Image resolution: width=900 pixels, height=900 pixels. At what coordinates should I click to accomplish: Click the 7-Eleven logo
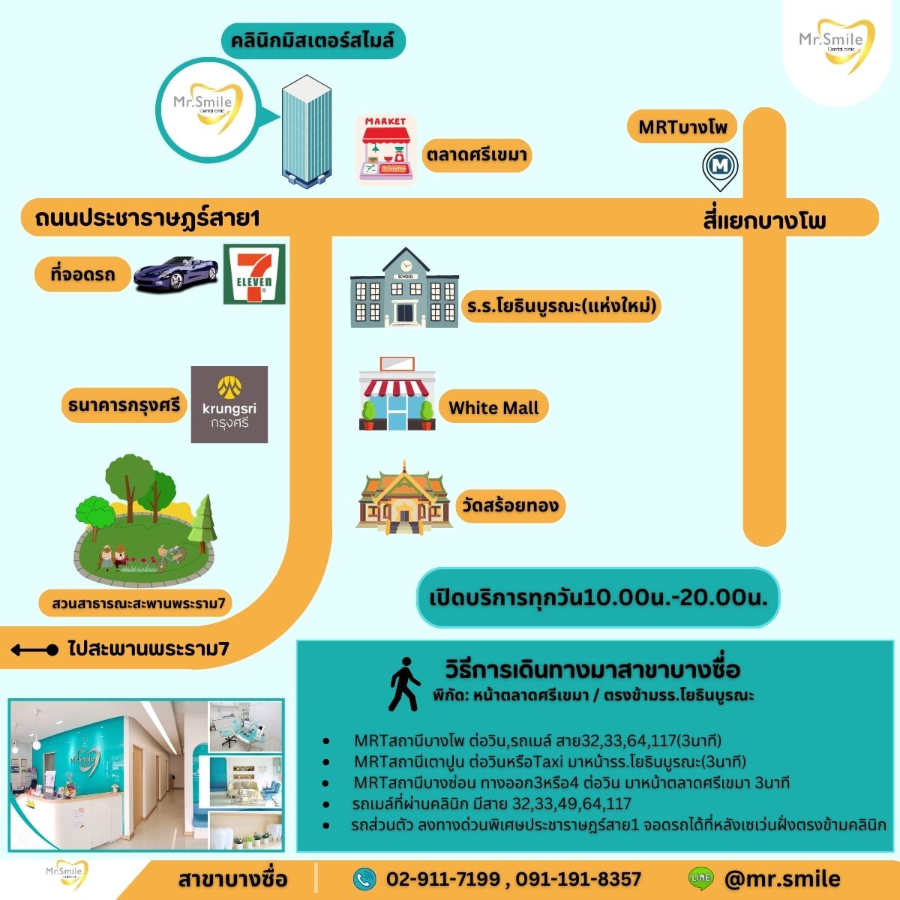pos(254,274)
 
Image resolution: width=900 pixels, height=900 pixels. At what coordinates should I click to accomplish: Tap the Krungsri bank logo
pos(229,404)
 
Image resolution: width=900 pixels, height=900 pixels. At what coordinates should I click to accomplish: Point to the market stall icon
pos(385,149)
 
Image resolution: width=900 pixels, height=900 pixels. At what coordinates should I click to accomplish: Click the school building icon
pos(404,289)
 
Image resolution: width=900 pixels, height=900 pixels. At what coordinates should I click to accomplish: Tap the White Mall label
pos(493,408)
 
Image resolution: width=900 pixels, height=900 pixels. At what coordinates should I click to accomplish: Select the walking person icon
pos(404,684)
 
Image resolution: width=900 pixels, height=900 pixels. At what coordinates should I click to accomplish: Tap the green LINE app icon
pos(700,878)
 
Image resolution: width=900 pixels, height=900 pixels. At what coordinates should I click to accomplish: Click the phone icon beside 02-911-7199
pos(364,878)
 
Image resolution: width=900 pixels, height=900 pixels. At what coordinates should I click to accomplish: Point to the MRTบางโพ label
pos(682,127)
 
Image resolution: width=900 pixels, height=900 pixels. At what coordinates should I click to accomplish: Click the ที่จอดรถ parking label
pos(82,275)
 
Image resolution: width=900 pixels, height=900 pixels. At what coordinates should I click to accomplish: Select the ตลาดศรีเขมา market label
pos(477,156)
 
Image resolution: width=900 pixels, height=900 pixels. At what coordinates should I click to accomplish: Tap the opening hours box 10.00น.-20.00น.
pos(598,598)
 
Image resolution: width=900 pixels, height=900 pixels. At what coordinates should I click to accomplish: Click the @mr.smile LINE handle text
pos(782,878)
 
